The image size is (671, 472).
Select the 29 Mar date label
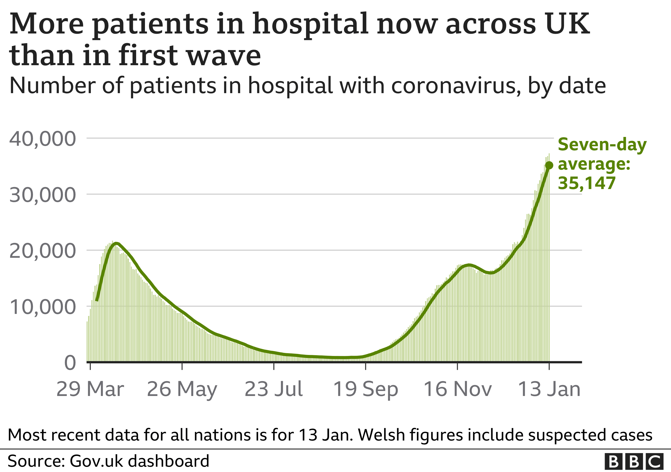(90, 389)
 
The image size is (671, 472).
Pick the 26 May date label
(182, 389)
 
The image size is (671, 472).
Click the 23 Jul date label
(274, 389)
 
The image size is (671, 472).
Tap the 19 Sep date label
(365, 389)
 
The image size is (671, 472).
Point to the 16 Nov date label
(457, 389)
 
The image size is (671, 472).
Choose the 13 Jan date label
(549, 389)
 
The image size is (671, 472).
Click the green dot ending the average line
(549, 166)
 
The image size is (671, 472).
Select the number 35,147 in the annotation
(586, 184)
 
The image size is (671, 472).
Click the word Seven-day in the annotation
(602, 145)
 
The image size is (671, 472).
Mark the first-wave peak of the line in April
(116, 243)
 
